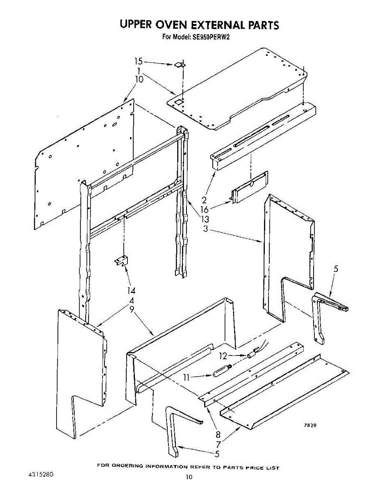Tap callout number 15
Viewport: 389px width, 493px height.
tap(139, 62)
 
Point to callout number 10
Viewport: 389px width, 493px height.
tap(139, 79)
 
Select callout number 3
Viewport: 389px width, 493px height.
tap(205, 228)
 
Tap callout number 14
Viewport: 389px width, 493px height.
tap(131, 291)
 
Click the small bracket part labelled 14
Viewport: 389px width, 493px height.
tap(121, 260)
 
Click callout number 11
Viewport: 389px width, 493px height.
tap(187, 377)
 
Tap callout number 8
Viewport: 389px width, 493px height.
tap(218, 434)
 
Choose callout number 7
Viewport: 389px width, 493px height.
tap(218, 444)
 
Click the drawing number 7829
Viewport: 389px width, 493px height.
tap(309, 426)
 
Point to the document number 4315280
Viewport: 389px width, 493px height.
tap(40, 475)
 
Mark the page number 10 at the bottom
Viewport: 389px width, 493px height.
tap(189, 477)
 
